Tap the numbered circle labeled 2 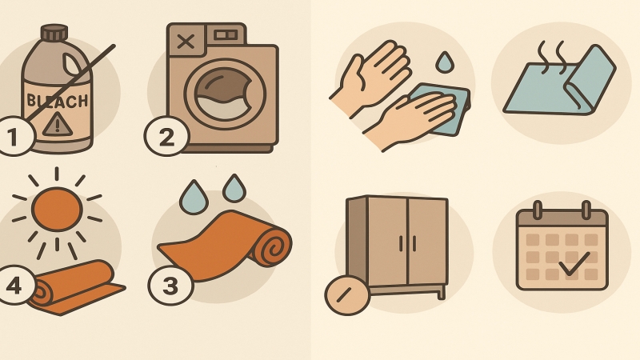coord(166,136)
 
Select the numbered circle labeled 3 coord(170,286)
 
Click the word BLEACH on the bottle coord(58,101)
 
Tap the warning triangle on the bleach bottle coord(58,125)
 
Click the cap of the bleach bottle coord(54,33)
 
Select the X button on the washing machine coord(186,42)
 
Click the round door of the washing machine coord(225,94)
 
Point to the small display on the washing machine coord(226,35)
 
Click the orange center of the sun coord(57,210)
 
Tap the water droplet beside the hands coord(445,62)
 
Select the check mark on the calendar coord(574,264)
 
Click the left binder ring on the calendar coord(538,210)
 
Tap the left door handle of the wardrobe coord(401,243)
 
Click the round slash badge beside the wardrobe coord(347,295)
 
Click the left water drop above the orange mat coord(194,197)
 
